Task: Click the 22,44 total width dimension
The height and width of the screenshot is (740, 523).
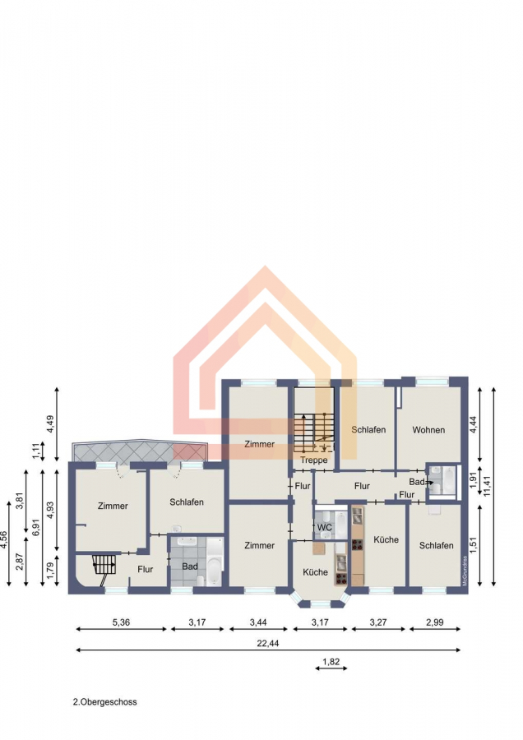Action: (x=267, y=643)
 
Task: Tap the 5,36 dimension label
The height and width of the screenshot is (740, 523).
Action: (x=121, y=622)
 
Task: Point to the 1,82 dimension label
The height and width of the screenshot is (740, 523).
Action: (x=331, y=662)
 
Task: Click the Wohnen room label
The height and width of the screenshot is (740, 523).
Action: (x=428, y=430)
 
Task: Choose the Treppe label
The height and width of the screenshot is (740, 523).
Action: (x=313, y=460)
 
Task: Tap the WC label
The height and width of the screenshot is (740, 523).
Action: (x=324, y=527)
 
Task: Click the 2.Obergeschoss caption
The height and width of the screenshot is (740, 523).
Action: (x=104, y=702)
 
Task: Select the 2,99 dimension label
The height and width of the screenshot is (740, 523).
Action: (x=435, y=622)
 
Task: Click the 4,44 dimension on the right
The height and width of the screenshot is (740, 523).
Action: (x=474, y=423)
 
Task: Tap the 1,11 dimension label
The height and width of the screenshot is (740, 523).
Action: (x=36, y=451)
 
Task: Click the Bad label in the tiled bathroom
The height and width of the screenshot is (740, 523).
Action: (x=190, y=567)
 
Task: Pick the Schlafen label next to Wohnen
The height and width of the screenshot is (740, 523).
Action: (x=368, y=430)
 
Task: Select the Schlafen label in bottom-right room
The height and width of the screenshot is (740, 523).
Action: (x=436, y=546)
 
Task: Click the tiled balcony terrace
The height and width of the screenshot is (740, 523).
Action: (x=140, y=451)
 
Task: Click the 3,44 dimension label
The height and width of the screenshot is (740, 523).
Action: (x=258, y=622)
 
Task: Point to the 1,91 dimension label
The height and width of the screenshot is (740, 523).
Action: (x=474, y=479)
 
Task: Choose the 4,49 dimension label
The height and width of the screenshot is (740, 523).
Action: (x=50, y=423)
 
